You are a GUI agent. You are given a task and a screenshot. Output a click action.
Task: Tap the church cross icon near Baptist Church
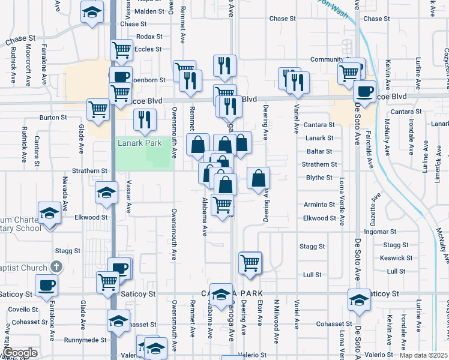click(x=56, y=266)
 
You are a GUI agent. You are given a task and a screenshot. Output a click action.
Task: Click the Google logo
click(x=20, y=353)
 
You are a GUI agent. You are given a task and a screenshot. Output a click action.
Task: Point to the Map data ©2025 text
click(x=423, y=355)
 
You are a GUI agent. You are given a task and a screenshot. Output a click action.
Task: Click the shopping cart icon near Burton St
click(x=98, y=109)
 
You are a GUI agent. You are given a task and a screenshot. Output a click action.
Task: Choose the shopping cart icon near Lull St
click(x=250, y=262)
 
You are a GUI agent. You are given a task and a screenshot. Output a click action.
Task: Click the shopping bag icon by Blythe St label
click(x=258, y=178)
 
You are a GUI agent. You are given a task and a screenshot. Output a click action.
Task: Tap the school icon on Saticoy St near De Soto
click(x=359, y=299)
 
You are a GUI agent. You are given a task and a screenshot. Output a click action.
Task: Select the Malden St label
click(x=149, y=11)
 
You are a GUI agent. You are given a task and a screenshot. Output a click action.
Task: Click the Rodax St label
click(x=149, y=37)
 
